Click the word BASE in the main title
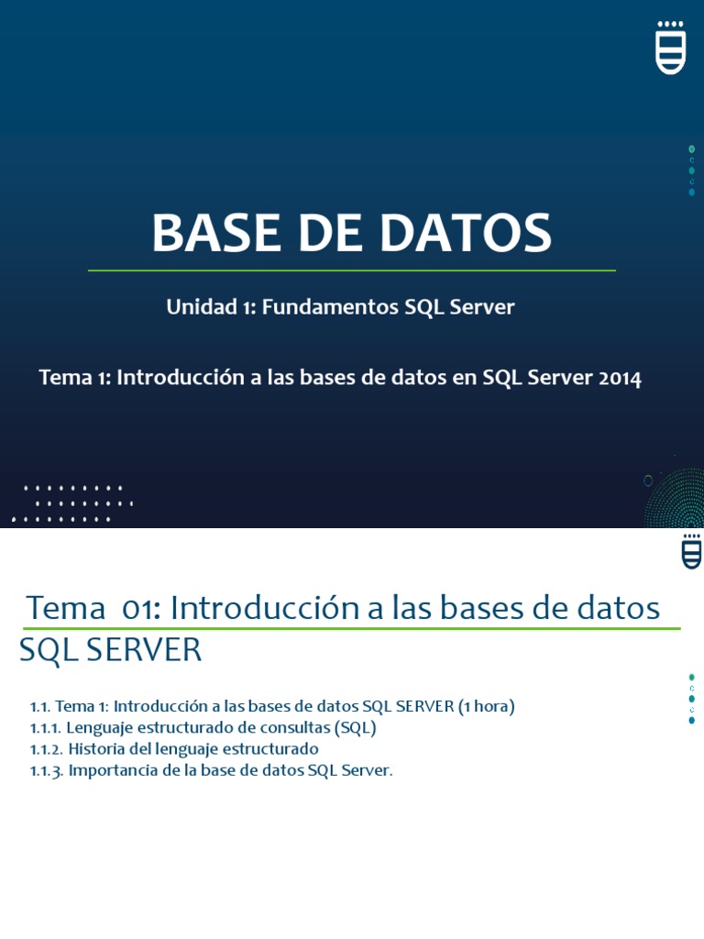(x=206, y=233)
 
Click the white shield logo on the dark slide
(x=671, y=47)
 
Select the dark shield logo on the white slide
(x=692, y=551)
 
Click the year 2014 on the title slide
(x=620, y=378)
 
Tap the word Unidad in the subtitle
(x=202, y=307)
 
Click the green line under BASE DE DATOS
(x=351, y=271)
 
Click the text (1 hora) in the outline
(x=487, y=706)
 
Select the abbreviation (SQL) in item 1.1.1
(x=355, y=728)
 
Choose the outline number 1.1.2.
(x=46, y=749)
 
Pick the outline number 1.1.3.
(x=46, y=770)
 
